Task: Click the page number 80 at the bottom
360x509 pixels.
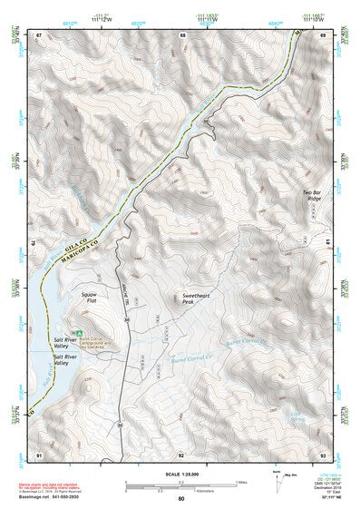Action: [180, 499]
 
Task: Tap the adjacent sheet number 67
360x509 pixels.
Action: [39, 35]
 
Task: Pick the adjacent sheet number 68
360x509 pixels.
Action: [183, 35]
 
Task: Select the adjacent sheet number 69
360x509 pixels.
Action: [323, 35]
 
